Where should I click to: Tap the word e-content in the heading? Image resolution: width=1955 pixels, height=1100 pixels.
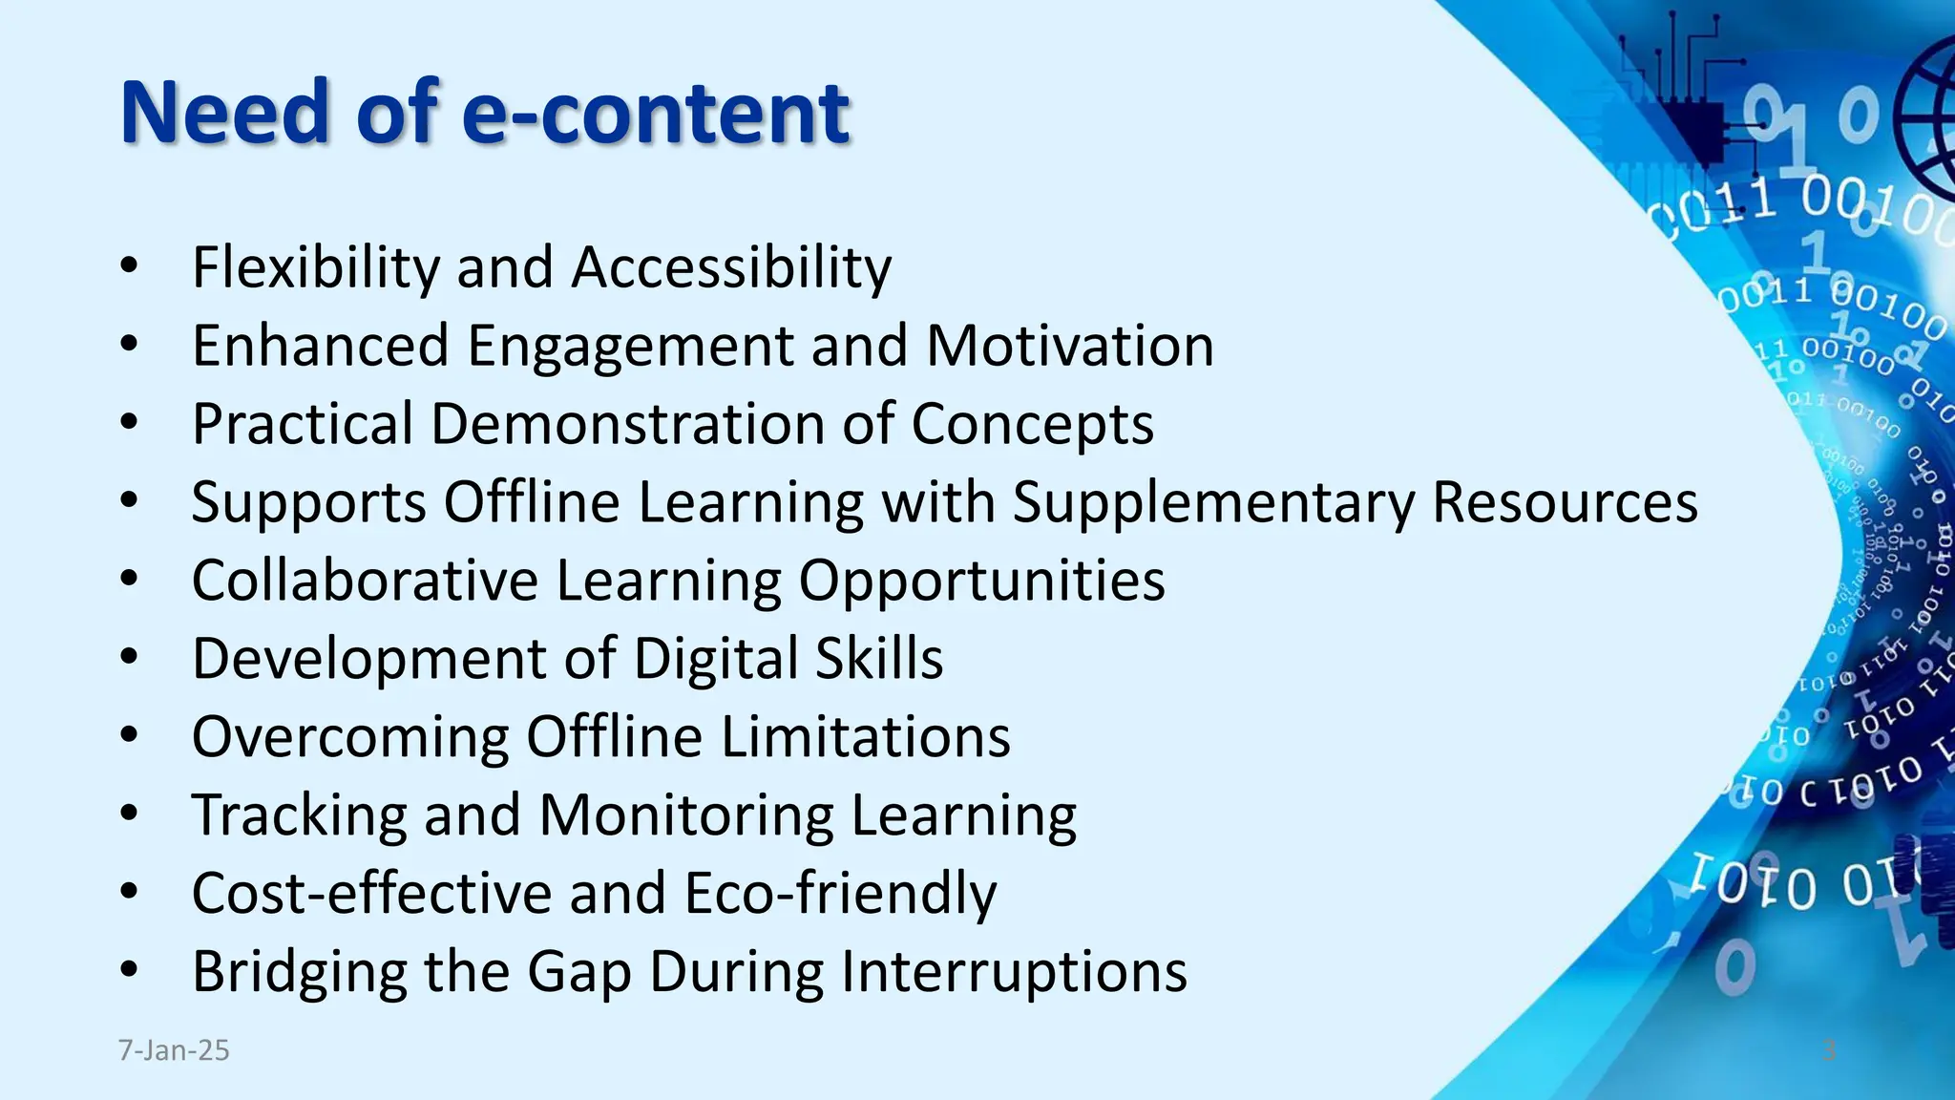(655, 113)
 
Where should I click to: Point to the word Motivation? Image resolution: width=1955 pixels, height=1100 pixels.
(1070, 345)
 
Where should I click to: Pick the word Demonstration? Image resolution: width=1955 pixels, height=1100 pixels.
(627, 423)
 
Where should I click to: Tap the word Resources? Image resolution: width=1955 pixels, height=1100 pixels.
(1565, 501)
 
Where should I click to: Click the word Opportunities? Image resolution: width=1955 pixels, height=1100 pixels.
(981, 582)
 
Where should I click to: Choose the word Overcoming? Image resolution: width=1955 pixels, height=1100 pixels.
(350, 736)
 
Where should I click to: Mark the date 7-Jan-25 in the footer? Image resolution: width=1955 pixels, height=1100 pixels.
(174, 1050)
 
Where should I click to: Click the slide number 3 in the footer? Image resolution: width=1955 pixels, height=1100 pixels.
(1829, 1050)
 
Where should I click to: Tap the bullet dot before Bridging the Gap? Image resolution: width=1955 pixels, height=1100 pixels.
(130, 971)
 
